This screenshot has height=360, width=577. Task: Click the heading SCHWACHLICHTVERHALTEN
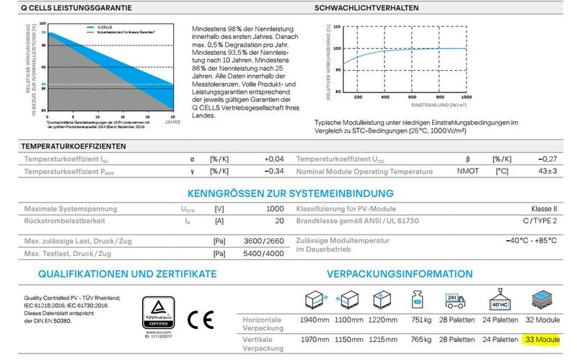[x=366, y=9]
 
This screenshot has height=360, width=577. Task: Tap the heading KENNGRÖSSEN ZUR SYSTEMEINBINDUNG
[x=290, y=193]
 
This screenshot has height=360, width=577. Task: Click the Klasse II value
[x=545, y=208]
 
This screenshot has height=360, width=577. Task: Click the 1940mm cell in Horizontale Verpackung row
[x=307, y=319]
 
